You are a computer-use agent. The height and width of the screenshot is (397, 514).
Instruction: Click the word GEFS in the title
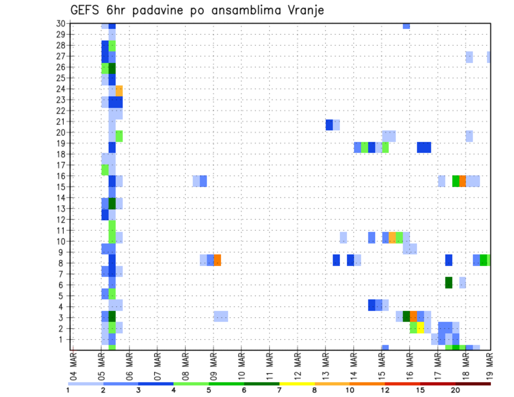[86, 10]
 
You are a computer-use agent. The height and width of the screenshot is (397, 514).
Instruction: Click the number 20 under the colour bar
[456, 391]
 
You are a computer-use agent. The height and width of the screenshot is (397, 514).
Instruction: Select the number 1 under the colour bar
[68, 391]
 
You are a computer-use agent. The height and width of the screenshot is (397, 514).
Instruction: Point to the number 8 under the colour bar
[315, 391]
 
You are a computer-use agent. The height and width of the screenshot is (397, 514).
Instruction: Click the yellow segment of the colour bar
[297, 384]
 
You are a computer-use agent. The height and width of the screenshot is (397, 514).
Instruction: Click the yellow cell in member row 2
[420, 327]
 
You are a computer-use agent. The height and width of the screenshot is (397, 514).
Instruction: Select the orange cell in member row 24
[119, 90]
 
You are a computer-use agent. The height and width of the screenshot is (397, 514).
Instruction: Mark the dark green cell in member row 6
[449, 282]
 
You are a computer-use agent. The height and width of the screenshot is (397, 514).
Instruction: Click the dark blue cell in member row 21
[329, 125]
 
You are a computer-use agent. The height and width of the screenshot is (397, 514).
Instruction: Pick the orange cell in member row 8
[217, 260]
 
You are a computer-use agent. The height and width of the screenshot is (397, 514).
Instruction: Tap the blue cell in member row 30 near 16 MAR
[406, 26]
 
